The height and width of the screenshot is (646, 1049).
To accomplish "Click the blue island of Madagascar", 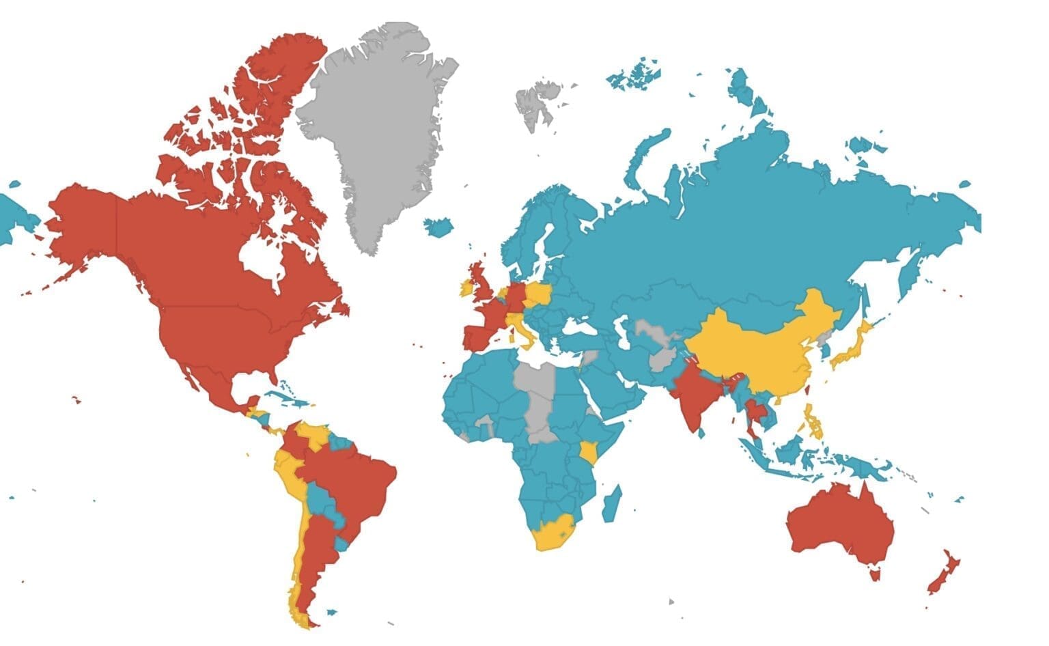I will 611,504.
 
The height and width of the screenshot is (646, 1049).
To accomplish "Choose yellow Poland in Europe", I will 539,295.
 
